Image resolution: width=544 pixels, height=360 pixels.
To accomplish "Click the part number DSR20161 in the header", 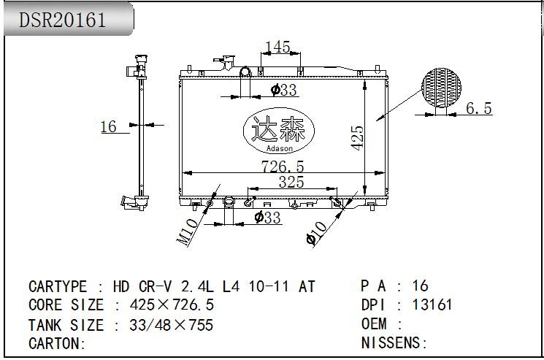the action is [x=62, y=20].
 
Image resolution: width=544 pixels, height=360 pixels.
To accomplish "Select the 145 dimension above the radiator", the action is [x=277, y=47].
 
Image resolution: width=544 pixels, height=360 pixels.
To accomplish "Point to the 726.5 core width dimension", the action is [x=283, y=166].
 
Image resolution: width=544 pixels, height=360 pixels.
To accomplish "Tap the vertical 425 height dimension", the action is [x=357, y=138].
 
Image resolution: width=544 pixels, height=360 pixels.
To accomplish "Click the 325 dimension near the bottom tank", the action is [x=291, y=182].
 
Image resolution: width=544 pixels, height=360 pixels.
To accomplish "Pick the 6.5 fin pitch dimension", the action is [x=479, y=108].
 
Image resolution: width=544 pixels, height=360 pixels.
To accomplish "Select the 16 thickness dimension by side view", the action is [x=108, y=126].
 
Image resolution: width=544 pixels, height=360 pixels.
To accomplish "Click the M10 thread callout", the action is [x=188, y=231].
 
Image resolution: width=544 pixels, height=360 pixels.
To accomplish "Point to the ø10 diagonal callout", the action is [x=316, y=233].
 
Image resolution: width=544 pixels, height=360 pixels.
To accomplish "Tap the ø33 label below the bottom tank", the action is [x=267, y=218].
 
